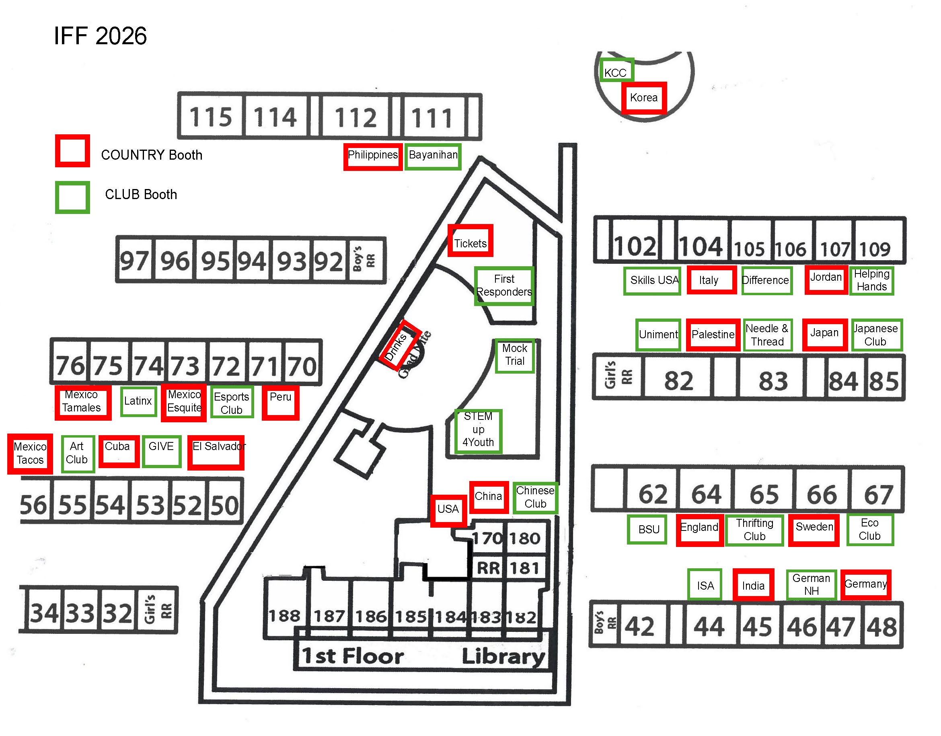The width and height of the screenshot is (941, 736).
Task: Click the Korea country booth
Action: tap(644, 98)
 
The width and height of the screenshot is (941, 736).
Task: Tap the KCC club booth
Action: tap(616, 70)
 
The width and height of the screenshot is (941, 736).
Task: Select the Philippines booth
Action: tap(373, 156)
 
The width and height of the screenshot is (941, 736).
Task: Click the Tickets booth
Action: tap(470, 241)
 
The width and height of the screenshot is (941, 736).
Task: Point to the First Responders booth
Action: tap(504, 286)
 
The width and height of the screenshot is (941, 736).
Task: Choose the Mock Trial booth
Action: tap(514, 355)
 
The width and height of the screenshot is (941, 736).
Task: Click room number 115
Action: tap(211, 117)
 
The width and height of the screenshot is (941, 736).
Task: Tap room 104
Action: tap(701, 246)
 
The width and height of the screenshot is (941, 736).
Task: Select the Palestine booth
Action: tap(713, 335)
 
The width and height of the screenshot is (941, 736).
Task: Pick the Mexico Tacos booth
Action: tap(30, 454)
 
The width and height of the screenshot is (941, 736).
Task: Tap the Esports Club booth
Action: tap(232, 403)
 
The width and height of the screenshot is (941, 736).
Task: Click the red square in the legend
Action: tap(72, 151)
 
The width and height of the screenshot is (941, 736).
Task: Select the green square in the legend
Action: tap(72, 197)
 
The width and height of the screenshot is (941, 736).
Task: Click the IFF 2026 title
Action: tap(100, 36)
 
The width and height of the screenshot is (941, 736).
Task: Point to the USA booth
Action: tap(448, 510)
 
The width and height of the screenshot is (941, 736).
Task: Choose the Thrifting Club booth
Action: tap(754, 530)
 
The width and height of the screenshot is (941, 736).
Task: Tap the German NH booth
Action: tap(812, 585)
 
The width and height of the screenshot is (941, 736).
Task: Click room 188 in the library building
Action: tap(284, 615)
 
